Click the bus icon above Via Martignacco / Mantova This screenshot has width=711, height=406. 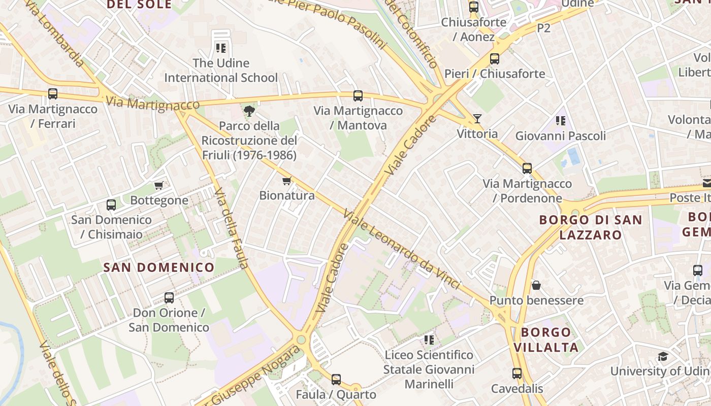point(358,95)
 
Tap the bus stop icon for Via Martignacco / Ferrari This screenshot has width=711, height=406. point(53,94)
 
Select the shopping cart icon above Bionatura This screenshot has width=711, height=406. point(287,181)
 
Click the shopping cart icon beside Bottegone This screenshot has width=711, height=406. point(159,185)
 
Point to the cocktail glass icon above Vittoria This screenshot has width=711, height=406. point(477,119)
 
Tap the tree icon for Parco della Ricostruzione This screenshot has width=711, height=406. point(249,111)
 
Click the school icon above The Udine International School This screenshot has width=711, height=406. point(220,48)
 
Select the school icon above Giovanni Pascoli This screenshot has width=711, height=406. point(561,121)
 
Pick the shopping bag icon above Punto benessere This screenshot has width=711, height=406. point(536,285)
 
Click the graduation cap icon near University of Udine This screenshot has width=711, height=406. point(663,356)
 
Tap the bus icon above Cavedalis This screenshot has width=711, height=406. point(517,374)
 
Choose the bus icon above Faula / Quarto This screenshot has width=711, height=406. point(336,379)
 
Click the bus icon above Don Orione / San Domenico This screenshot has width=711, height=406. point(169,297)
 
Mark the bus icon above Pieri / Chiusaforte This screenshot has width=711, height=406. point(495,59)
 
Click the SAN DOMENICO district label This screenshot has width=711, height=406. point(159,267)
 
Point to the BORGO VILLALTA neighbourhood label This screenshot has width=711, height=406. point(546,340)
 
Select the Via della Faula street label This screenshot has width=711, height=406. point(231,228)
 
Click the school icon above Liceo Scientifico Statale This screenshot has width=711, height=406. point(429,340)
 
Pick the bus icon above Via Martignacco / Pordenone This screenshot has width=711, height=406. point(527,168)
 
